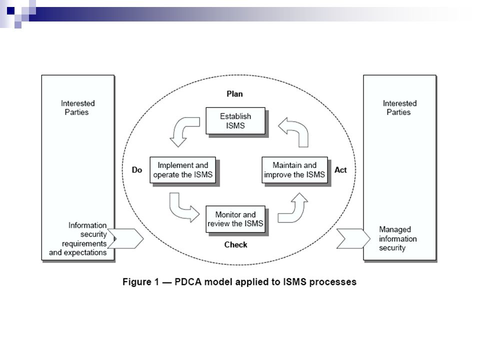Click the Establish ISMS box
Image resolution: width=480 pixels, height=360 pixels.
point(235,120)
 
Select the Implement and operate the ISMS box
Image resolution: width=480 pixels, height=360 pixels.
point(183,170)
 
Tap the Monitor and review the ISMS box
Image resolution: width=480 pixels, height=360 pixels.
point(235,219)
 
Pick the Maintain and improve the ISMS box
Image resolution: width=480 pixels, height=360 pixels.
point(294,170)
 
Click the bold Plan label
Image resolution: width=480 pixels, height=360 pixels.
point(235,93)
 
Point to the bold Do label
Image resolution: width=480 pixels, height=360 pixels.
point(137,170)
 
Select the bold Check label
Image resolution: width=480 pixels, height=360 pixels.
point(235,244)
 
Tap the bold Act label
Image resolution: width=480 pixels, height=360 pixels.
point(340,170)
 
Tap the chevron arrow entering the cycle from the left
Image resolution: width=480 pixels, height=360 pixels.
point(125,238)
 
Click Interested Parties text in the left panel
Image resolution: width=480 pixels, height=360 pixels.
point(77,108)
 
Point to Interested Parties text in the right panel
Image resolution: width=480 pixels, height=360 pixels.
point(399,108)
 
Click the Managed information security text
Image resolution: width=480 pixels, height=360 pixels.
point(397,238)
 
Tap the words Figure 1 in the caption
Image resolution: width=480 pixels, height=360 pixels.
point(141,281)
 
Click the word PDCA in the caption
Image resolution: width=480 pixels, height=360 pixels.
point(188,281)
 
